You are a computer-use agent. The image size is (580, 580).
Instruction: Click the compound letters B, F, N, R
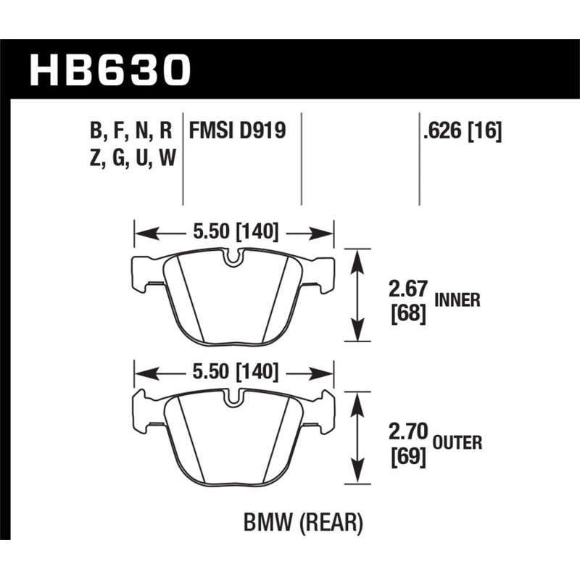click(131, 131)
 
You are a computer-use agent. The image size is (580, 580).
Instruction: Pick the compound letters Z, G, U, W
click(131, 157)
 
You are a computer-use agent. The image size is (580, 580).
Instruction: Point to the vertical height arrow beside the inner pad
click(355, 295)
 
